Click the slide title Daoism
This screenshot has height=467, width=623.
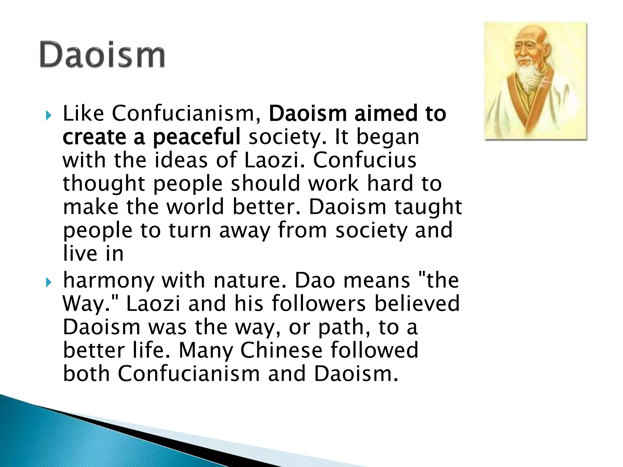tap(102, 55)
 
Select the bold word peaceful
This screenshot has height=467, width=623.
tap(197, 137)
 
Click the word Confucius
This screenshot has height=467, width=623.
tap(364, 160)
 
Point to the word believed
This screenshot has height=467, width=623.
tap(417, 303)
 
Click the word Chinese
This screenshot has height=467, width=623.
tap(281, 350)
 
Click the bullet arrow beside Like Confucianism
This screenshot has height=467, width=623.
tap(48, 116)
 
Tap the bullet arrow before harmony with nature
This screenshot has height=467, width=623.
tap(48, 282)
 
